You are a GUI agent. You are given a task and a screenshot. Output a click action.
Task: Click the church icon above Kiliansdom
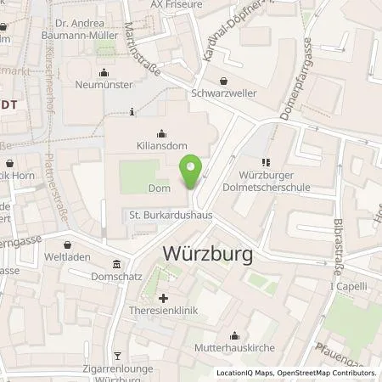[x=162, y=132]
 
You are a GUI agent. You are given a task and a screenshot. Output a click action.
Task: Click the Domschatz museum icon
[x=116, y=262]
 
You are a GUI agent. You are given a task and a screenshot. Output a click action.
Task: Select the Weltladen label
[x=67, y=256]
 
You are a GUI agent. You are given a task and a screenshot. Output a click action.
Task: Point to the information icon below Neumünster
[x=132, y=111]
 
